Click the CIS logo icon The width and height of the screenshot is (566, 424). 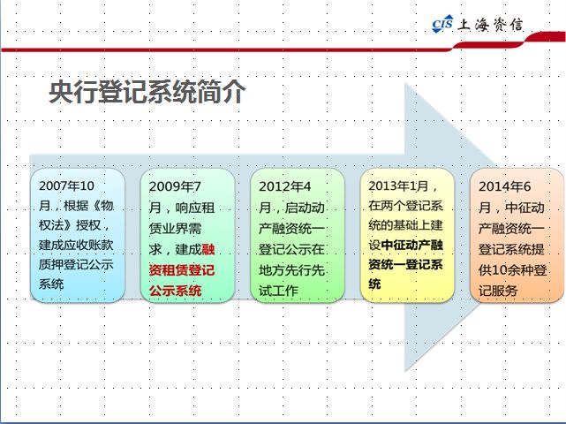pos(442,24)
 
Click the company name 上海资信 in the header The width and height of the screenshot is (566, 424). pos(490,25)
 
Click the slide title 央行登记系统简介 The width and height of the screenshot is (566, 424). pos(147,92)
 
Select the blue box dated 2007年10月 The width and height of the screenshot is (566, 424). pos(78,235)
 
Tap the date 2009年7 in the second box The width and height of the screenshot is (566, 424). pos(175,186)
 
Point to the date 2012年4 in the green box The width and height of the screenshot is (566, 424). pos(285,186)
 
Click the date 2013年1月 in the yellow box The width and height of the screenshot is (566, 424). pos(398,186)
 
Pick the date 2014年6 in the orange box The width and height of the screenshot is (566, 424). pos(505,186)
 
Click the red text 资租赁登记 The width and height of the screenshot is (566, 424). pos(182,269)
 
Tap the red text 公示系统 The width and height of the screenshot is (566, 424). pos(175,291)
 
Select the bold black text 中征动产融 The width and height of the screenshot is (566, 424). pos(411,246)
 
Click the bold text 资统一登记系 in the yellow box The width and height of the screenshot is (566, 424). pos(405,265)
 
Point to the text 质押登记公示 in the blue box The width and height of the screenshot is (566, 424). pos(76,264)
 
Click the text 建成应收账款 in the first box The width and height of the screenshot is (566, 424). pos(76,245)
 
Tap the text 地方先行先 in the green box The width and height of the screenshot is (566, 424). pos(291,269)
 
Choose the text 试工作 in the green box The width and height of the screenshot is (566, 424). pos(278,291)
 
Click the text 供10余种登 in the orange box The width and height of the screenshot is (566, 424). pos(512,269)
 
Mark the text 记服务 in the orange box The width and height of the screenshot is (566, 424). pos(498,291)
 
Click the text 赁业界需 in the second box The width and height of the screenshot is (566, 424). pos(175,229)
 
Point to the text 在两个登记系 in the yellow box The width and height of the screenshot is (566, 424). pos(405,206)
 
